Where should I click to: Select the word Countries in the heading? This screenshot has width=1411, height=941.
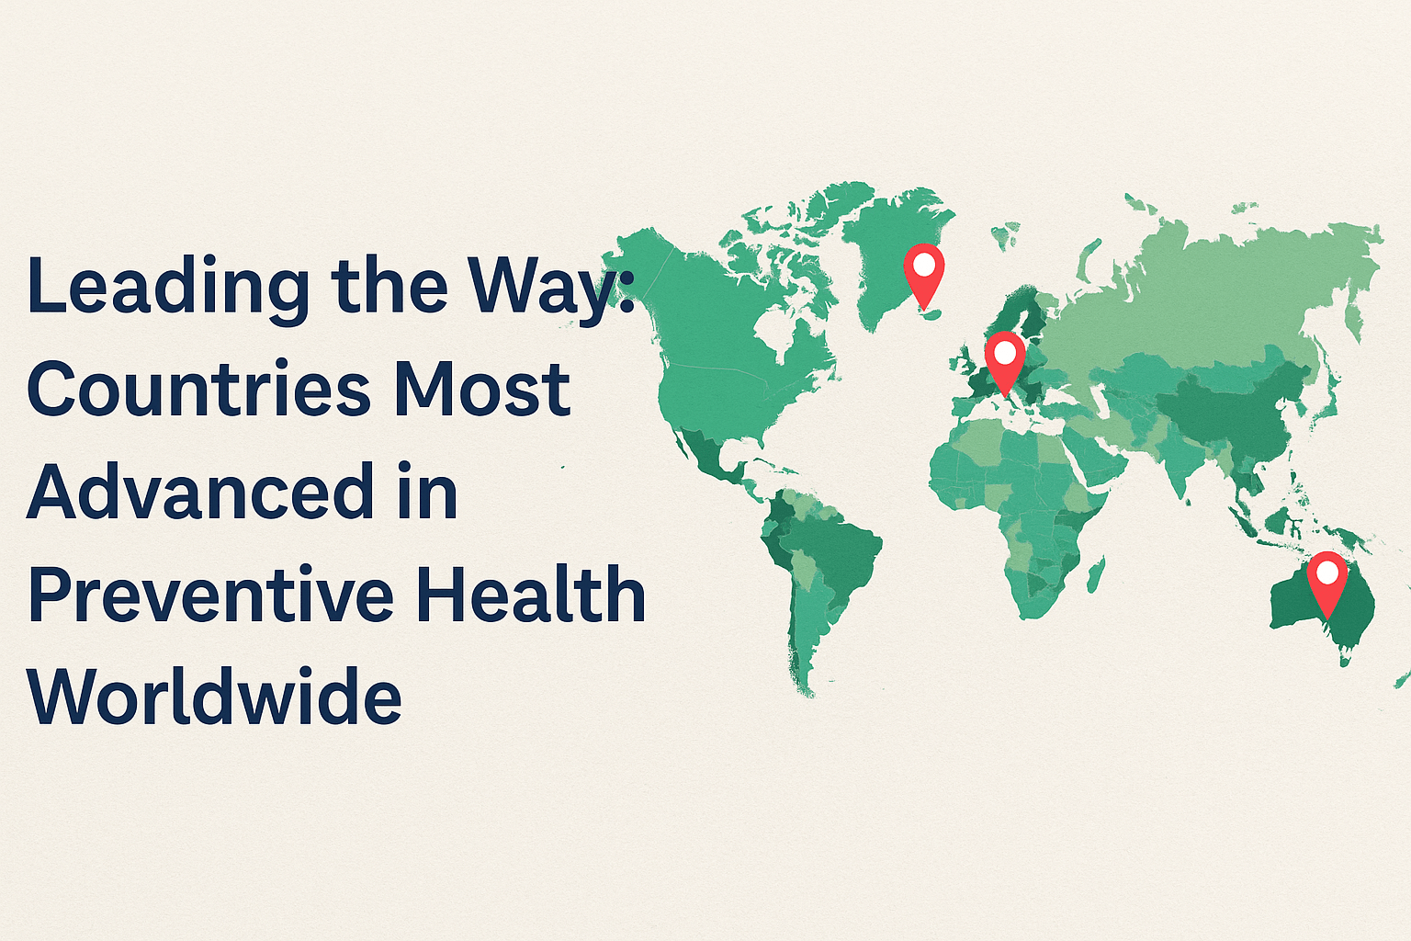pyautogui.click(x=198, y=389)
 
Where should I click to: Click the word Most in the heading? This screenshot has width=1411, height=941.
pyautogui.click(x=482, y=389)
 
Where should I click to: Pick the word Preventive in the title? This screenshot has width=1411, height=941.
pyautogui.click(x=212, y=595)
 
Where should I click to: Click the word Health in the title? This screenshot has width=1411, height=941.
pyautogui.click(x=531, y=595)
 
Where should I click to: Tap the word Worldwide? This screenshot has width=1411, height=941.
pyautogui.click(x=215, y=697)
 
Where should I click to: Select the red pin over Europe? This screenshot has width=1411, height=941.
pyautogui.click(x=1005, y=357)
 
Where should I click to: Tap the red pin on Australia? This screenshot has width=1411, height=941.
pyautogui.click(x=1327, y=577)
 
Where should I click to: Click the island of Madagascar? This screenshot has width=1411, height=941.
pyautogui.click(x=1094, y=574)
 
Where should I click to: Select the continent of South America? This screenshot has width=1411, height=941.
pyautogui.click(x=822, y=570)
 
